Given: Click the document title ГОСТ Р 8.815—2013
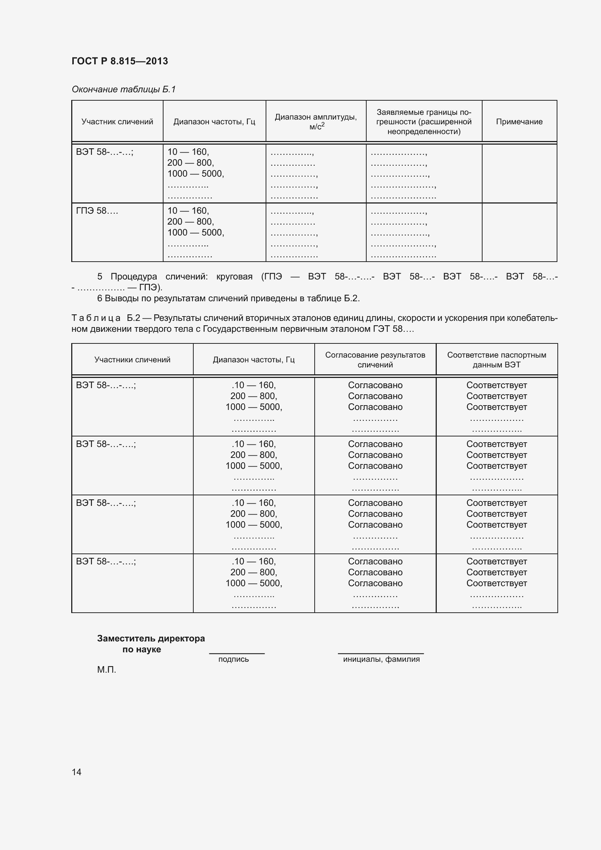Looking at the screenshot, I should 120,61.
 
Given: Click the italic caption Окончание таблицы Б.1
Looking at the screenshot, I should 123,89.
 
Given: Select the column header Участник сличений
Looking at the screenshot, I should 117,122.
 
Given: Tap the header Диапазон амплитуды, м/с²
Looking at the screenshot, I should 316,121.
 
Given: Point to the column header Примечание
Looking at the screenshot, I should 519,122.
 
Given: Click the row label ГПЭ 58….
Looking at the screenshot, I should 97,211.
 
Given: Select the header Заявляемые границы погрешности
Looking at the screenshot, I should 424,122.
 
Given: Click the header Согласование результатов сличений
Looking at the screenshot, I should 375,360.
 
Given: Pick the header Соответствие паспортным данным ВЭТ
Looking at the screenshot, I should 496,360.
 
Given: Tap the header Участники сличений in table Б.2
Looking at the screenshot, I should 132,360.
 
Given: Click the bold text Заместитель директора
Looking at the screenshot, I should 151,638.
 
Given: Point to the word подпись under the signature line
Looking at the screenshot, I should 234,659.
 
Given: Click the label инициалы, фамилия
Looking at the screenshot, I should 381,659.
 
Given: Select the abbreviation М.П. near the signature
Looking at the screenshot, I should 106,670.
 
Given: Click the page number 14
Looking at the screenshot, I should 77,772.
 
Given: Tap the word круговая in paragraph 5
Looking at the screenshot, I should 234,277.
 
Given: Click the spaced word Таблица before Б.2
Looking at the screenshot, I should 96,318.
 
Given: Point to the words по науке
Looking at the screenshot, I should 141,650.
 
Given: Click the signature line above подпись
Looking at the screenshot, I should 237,653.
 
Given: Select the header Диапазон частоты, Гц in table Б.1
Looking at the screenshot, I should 214,122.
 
